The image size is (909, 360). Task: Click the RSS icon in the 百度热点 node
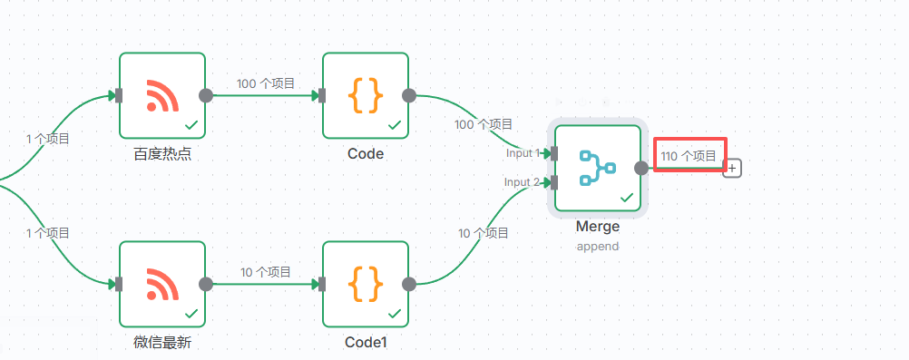pyautogui.click(x=162, y=95)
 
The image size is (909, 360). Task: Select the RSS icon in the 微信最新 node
pyautogui.click(x=162, y=284)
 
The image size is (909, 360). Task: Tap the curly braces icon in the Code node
pyautogui.click(x=366, y=95)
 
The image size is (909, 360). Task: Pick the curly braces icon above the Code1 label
pyautogui.click(x=366, y=284)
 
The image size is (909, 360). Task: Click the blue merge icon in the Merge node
pyautogui.click(x=597, y=168)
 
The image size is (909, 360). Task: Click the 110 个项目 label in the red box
pyautogui.click(x=689, y=156)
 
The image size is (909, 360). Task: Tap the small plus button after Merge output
pyautogui.click(x=732, y=168)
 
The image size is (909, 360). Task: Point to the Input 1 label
pyautogui.click(x=523, y=153)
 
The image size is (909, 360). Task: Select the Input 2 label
pyautogui.click(x=523, y=182)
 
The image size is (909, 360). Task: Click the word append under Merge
pyautogui.click(x=597, y=246)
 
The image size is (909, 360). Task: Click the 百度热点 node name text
pyautogui.click(x=162, y=154)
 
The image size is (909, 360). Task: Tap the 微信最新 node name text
pyautogui.click(x=162, y=343)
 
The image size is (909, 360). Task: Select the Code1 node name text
pyautogui.click(x=366, y=343)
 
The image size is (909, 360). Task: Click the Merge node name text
pyautogui.click(x=597, y=227)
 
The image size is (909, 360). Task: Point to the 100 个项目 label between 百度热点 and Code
pyautogui.click(x=266, y=83)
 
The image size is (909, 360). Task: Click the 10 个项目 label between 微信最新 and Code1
pyautogui.click(x=266, y=272)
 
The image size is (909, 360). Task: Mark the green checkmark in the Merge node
pyautogui.click(x=626, y=198)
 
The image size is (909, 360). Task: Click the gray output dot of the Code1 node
pyautogui.click(x=409, y=284)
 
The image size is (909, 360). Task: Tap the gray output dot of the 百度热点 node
pyautogui.click(x=206, y=95)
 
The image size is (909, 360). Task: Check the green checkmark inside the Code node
pyautogui.click(x=395, y=125)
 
